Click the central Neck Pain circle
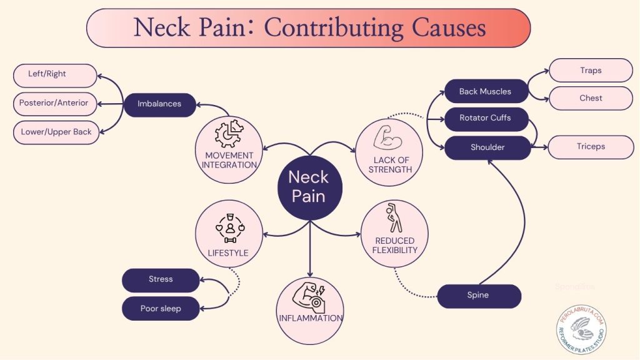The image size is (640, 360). point(309,187)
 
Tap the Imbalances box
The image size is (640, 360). point(159,104)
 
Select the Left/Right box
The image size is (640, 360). point(55,74)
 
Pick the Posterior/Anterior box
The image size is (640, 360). point(55,103)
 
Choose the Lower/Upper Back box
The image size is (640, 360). point(56,132)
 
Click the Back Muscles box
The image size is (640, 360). point(486,91)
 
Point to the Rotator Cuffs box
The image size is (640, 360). point(486,118)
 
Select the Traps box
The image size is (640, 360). point(591,71)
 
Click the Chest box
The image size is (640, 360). point(591,98)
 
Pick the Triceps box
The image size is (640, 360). point(591,147)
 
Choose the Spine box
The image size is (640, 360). point(479,296)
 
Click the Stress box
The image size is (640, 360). point(161,280)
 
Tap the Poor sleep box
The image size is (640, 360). point(161,308)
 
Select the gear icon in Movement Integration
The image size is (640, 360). point(229,134)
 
